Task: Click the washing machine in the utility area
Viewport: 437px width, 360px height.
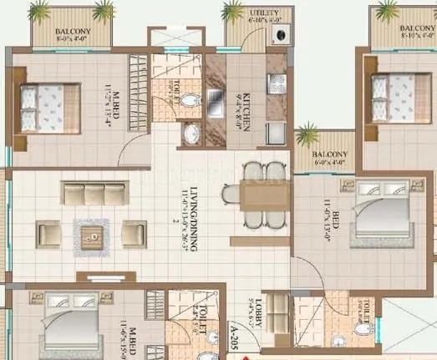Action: click(280, 35)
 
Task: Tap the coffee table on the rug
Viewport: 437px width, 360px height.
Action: click(90, 232)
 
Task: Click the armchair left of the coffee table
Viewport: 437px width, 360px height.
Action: click(47, 234)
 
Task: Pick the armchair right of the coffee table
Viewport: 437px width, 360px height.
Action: click(134, 233)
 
